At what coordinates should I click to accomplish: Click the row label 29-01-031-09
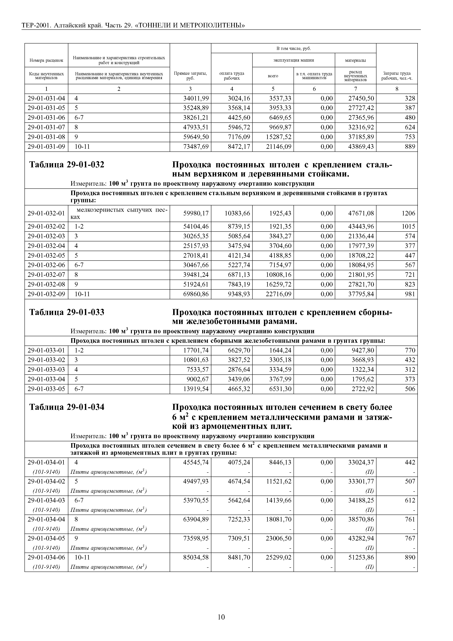(46, 147)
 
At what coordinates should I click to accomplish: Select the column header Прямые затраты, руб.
(190, 76)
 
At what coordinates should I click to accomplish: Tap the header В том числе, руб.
(293, 49)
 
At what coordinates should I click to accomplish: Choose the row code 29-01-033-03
(46, 370)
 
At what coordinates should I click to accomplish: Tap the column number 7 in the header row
(356, 89)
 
